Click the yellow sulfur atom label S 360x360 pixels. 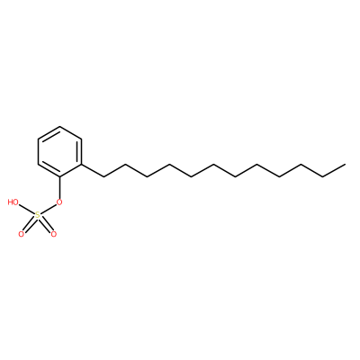point(38,215)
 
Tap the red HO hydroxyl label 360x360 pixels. point(13,202)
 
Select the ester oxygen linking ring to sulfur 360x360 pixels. point(59,202)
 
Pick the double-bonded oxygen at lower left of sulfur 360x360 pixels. point(21,234)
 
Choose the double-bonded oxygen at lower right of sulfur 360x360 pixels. point(53,234)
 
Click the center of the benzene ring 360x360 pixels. point(60,151)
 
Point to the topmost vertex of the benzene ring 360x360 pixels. point(60,126)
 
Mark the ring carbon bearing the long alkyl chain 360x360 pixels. point(82,164)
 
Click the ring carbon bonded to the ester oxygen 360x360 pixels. point(60,176)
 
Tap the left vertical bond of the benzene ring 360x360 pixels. point(38,151)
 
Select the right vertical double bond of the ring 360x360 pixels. point(80,151)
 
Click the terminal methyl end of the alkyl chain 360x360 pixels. point(345,165)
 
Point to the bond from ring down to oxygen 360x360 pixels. point(60,187)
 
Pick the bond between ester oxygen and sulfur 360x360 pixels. point(49,209)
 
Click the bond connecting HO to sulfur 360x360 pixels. point(26,209)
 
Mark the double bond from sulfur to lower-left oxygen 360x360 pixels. point(29,225)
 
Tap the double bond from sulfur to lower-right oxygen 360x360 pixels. point(46,225)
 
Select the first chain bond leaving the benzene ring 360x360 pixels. point(93,170)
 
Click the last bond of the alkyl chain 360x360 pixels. point(334,170)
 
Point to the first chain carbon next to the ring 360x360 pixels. point(103,176)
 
